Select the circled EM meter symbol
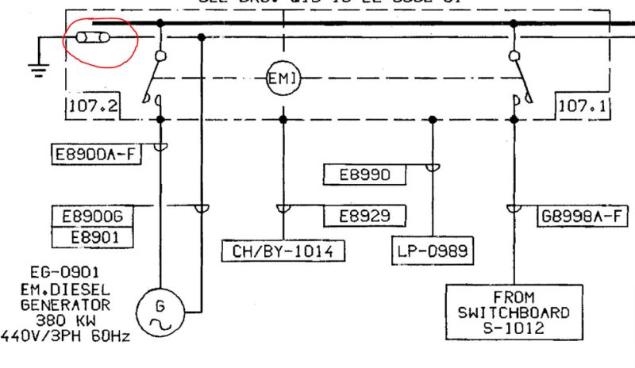click(x=282, y=78)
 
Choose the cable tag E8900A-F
click(x=91, y=154)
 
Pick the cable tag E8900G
click(x=91, y=215)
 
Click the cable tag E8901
click(x=91, y=236)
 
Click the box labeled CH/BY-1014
click(x=283, y=252)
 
